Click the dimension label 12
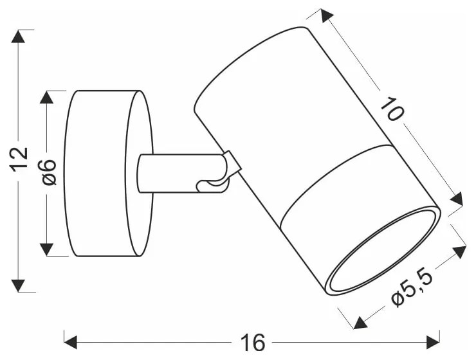tap(20, 159)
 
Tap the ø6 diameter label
tap(50, 172)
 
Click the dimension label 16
tap(254, 339)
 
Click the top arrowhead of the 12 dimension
tap(19, 37)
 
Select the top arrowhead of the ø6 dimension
tap(47, 97)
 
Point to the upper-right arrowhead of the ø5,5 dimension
tap(458, 251)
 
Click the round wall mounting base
tap(106, 174)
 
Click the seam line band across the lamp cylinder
tap(334, 180)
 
